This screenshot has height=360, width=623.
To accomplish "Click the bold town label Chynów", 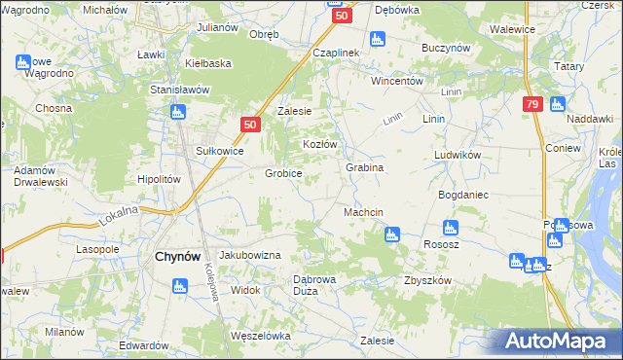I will pos(178,257).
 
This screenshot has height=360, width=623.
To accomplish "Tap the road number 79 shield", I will pos(531,104).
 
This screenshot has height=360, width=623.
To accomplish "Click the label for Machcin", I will pos(363,212).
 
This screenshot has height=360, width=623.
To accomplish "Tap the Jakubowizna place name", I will pos(249,254).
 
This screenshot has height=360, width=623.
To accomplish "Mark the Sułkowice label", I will pos(219,151).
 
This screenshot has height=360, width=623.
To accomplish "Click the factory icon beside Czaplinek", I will pos(378,40).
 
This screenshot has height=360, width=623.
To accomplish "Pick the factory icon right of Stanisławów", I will pos(178,113).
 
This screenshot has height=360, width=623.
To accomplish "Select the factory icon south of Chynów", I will pos(178,286).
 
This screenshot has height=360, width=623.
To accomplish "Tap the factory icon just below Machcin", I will pos(391,234).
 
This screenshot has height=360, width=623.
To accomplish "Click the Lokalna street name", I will pos(119,215).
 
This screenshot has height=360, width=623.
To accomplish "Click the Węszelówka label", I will pos(260,336).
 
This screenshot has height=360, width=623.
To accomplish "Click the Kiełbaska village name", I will pos(208,63).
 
